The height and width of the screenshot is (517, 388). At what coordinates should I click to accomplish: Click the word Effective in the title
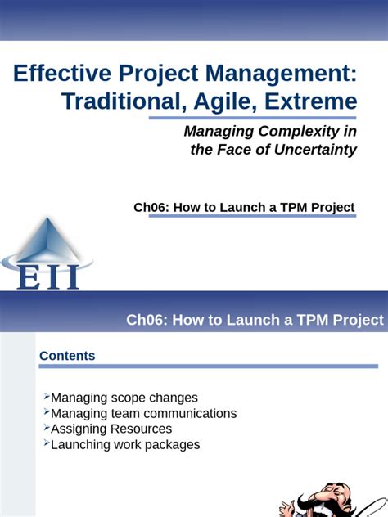(x=55, y=75)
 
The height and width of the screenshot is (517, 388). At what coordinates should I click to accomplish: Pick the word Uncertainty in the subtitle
(x=311, y=150)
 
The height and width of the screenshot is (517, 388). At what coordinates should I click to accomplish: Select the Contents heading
(x=67, y=356)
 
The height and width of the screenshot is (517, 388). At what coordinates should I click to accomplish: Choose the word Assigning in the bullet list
(x=77, y=429)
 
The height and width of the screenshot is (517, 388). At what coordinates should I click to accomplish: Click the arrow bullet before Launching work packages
(x=46, y=443)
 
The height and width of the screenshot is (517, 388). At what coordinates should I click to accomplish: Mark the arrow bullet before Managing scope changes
(x=46, y=396)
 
